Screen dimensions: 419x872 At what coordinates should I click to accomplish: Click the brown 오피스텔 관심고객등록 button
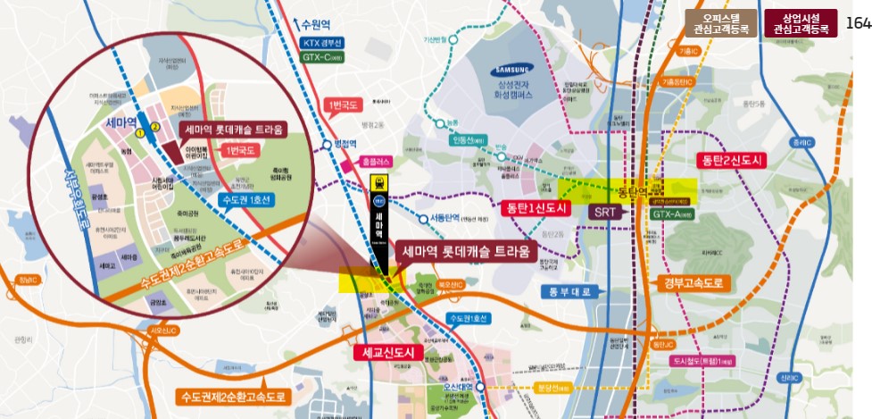point(720,23)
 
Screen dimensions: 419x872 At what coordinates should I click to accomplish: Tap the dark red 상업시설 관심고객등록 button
point(801,23)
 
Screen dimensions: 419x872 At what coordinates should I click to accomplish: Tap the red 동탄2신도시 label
point(731,161)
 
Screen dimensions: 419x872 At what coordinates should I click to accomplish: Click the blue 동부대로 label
point(572,291)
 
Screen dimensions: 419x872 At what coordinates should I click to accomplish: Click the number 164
point(858,22)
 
